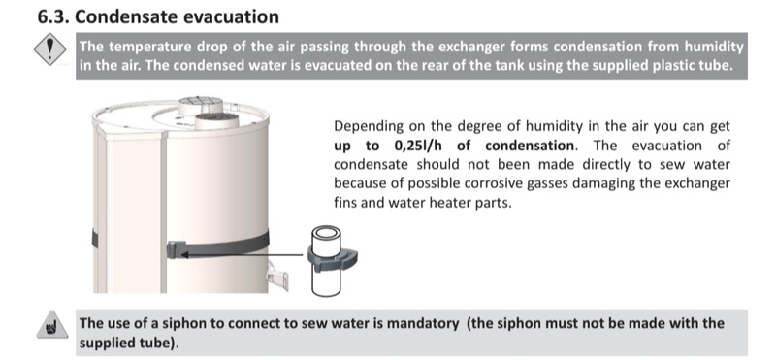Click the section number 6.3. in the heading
click(x=54, y=16)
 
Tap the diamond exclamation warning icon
click(x=50, y=49)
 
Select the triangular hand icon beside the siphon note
click(x=51, y=325)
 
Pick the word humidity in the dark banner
click(x=714, y=47)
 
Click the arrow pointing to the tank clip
click(x=241, y=254)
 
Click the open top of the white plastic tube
click(x=326, y=233)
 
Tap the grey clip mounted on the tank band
click(x=177, y=249)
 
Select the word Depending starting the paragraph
click(x=369, y=127)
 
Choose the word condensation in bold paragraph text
click(x=529, y=146)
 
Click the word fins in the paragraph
click(x=344, y=202)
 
